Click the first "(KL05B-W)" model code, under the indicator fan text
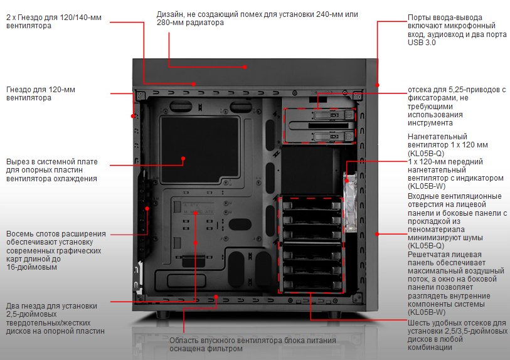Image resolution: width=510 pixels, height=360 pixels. (x=427, y=186)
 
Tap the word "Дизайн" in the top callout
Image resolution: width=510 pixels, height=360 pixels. (x=170, y=14)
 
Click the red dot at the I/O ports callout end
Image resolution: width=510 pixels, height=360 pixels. (x=378, y=85)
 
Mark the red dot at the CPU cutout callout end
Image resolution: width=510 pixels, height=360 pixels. (x=183, y=159)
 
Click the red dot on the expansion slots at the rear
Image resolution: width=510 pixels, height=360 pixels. (x=147, y=208)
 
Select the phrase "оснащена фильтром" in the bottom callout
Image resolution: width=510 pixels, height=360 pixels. (x=205, y=349)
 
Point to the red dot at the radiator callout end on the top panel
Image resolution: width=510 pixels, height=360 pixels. (x=245, y=65)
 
